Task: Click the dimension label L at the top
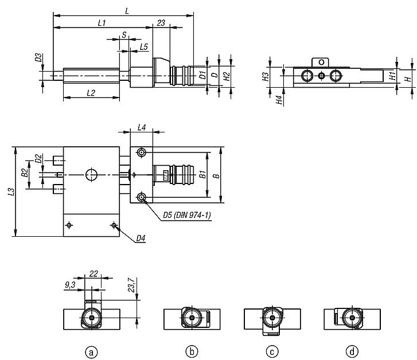click(127, 11)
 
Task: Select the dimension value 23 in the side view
click(161, 23)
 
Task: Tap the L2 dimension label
click(91, 93)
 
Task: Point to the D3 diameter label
click(38, 57)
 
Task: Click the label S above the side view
click(124, 34)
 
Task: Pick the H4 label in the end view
click(279, 100)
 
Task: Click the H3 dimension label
click(266, 77)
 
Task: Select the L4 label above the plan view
click(142, 128)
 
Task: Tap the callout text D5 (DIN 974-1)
click(187, 215)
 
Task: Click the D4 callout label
click(141, 238)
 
